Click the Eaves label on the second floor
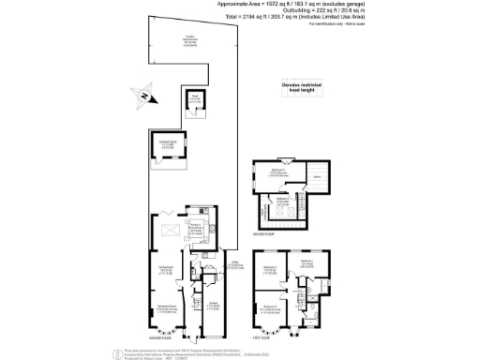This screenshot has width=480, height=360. tap(317, 178)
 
